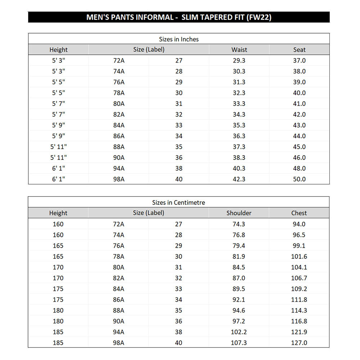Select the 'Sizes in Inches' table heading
[179, 39]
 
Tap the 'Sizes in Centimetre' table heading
[179, 202]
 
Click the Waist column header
[239, 50]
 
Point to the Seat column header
[299, 50]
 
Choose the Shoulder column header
[239, 213]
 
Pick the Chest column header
[299, 213]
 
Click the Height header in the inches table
[58, 50]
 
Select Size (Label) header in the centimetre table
[148, 213]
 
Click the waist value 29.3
[239, 60]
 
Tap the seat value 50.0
[299, 179]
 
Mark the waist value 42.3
[239, 179]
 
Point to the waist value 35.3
[239, 125]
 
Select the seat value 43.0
[299, 125]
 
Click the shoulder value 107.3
[239, 343]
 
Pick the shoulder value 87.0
[239, 278]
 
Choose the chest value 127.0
[299, 343]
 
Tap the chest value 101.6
[299, 256]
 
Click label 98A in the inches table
[119, 179]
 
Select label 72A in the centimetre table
[118, 224]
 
